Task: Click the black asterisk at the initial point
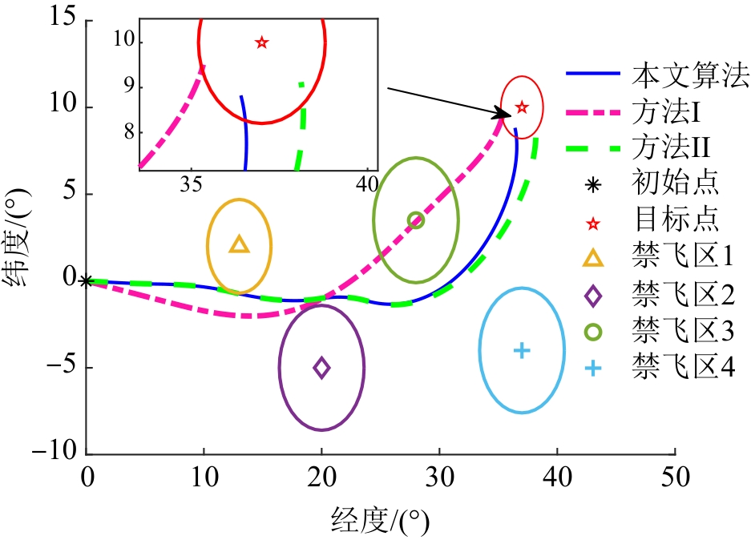coord(87,281)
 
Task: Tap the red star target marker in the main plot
coord(522,107)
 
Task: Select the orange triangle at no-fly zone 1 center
coord(240,244)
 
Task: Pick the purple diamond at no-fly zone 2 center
coord(321,368)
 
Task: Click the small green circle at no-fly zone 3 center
coord(415,220)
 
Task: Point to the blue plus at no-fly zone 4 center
coord(522,350)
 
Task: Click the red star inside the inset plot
coord(261,42)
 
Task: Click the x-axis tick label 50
coord(674,478)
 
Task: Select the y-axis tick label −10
coord(51,454)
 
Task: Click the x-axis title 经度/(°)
coord(379,521)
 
